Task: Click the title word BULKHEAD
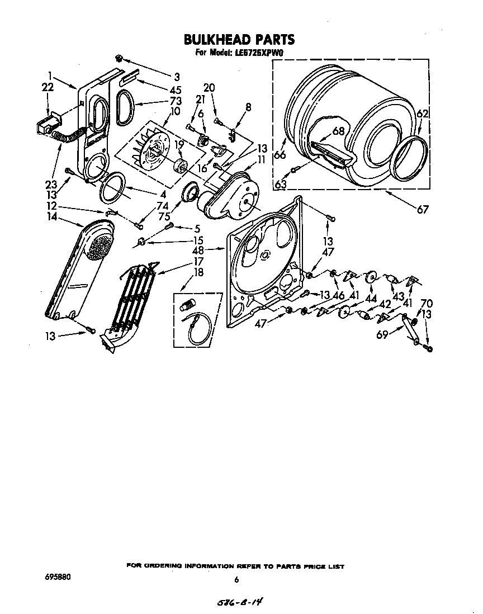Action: tap(215, 39)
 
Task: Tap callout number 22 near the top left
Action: tap(48, 87)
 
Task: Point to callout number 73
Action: tap(159, 102)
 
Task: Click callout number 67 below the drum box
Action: tap(422, 210)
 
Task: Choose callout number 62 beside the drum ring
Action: tap(423, 114)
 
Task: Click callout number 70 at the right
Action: tap(426, 304)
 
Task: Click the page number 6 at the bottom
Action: tap(236, 580)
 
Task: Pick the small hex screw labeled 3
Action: tap(119, 58)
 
